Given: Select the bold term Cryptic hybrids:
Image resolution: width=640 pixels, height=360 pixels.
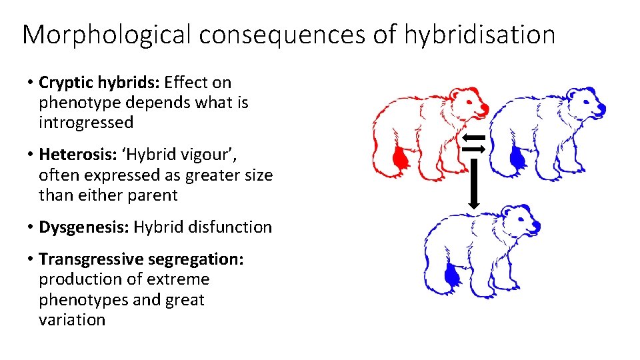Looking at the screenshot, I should click(x=99, y=83).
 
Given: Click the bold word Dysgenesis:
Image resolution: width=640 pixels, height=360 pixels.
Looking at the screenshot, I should click(x=84, y=227).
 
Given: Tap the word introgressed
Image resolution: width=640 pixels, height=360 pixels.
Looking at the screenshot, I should click(x=86, y=123).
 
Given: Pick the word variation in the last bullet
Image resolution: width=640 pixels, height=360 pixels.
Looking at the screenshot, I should click(x=72, y=319).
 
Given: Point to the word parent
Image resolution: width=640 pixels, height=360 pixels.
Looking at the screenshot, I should click(x=155, y=195).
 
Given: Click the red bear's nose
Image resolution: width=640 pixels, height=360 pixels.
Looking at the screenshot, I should click(x=485, y=107).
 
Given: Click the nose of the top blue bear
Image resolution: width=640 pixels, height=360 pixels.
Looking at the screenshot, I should click(x=601, y=107).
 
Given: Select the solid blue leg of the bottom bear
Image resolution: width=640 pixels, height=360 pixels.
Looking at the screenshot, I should click(x=453, y=277).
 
